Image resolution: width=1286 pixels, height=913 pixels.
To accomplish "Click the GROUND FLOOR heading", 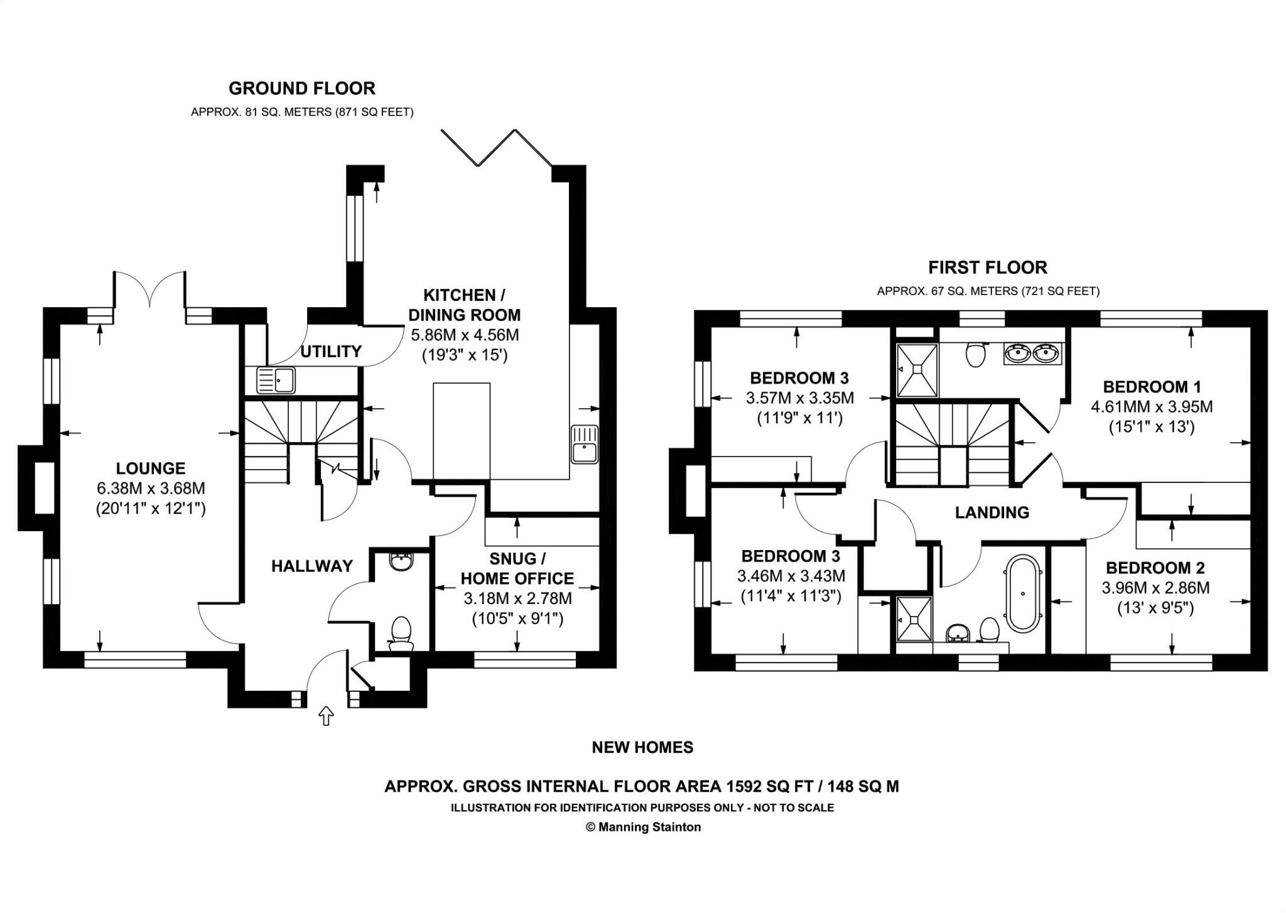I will [x=301, y=88].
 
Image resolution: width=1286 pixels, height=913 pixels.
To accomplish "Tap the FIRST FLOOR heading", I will [x=987, y=267].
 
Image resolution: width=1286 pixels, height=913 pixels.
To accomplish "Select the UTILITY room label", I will [x=330, y=352].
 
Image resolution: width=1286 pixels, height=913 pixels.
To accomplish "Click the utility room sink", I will [x=275, y=381].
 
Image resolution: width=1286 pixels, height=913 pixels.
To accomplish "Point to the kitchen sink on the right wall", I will [x=584, y=444].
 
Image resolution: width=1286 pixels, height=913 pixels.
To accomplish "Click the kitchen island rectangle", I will [x=461, y=432].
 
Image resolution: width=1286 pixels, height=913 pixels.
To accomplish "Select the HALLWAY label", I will [x=311, y=566].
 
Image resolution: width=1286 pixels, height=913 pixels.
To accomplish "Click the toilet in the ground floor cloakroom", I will [x=401, y=633].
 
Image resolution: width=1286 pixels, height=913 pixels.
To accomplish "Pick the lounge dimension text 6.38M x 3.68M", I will [x=151, y=489].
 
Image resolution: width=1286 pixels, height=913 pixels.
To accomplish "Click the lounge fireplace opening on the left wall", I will [x=44, y=488].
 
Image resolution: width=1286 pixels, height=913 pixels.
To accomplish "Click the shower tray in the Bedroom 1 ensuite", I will [x=917, y=370].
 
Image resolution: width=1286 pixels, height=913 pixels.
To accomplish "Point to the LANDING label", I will [x=992, y=513].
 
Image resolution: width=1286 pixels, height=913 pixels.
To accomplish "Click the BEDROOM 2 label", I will [x=1155, y=568].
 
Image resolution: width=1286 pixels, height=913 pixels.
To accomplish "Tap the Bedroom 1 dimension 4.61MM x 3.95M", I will [x=1152, y=407].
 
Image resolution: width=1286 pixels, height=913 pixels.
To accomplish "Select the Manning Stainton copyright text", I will [x=643, y=827].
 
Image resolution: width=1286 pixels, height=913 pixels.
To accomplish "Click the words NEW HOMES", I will [x=642, y=747].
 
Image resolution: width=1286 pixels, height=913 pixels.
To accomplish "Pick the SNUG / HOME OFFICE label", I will [x=517, y=568].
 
